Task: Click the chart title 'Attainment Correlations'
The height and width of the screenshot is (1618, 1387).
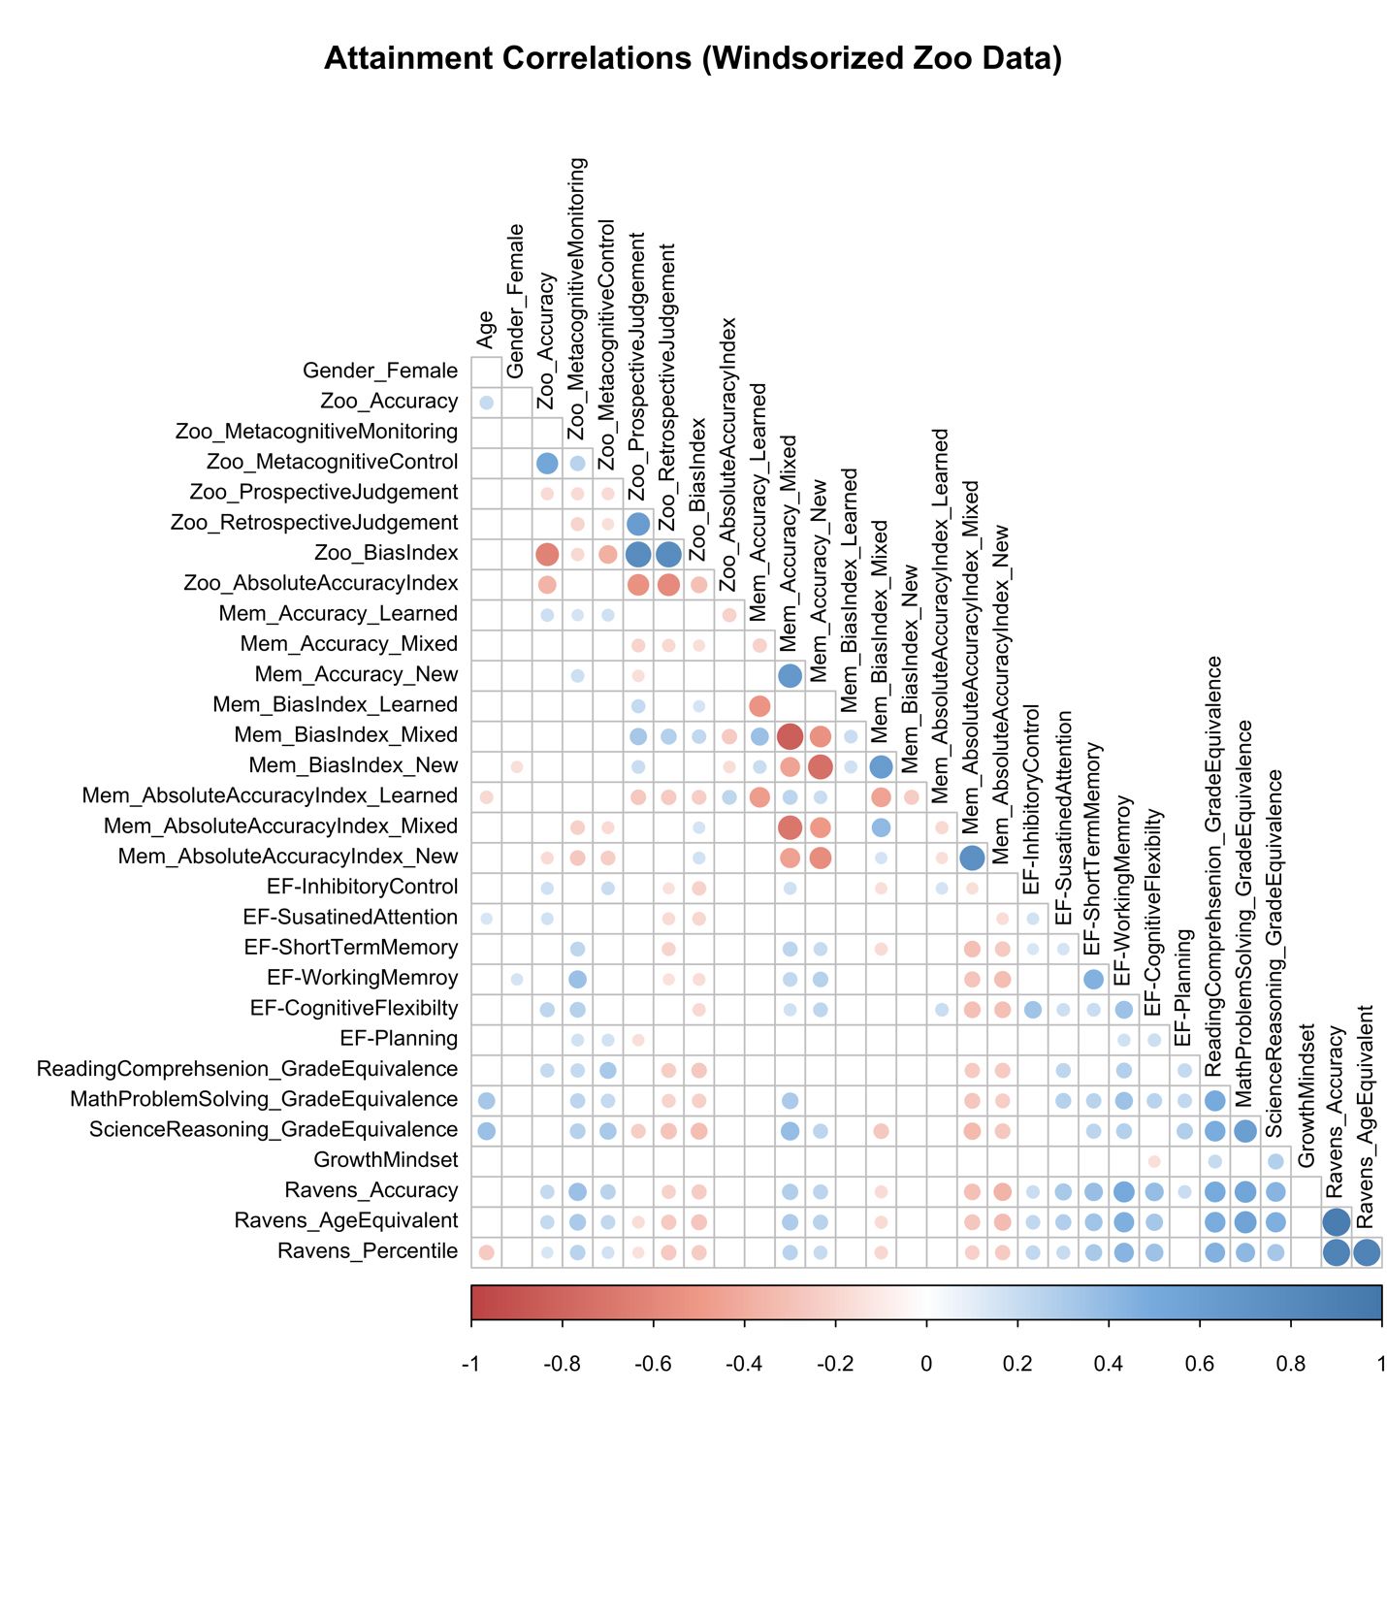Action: [693, 59]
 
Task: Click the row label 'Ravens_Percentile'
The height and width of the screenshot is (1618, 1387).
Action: [367, 1251]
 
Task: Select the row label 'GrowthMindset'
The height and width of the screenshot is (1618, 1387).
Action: [385, 1160]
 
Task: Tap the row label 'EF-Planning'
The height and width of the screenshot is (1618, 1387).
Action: [399, 1039]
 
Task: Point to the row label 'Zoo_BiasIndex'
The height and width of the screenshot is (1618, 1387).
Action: [385, 553]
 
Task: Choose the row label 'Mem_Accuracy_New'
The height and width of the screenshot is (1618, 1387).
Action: [356, 674]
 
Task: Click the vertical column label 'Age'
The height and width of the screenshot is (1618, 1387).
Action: [486, 330]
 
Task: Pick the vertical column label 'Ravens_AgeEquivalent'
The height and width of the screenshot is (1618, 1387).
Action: [1366, 1116]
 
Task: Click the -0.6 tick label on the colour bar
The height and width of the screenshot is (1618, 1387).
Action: [653, 1364]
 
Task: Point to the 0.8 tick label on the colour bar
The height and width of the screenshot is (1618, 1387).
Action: [1290, 1364]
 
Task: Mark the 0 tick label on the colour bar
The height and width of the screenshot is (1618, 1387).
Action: [926, 1364]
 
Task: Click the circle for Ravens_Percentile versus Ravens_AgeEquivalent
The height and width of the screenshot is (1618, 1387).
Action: [1366, 1253]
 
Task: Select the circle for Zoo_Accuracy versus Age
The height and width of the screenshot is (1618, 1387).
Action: [487, 403]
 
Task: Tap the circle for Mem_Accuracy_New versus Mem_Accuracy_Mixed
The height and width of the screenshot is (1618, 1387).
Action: [790, 676]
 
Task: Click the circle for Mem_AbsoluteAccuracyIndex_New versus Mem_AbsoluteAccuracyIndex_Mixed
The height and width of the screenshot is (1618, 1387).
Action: [972, 858]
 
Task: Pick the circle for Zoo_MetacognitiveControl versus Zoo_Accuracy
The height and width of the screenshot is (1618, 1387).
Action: [547, 464]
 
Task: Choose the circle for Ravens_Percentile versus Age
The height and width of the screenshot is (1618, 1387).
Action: [487, 1253]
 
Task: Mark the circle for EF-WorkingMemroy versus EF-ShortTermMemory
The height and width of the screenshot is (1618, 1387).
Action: [1093, 980]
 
